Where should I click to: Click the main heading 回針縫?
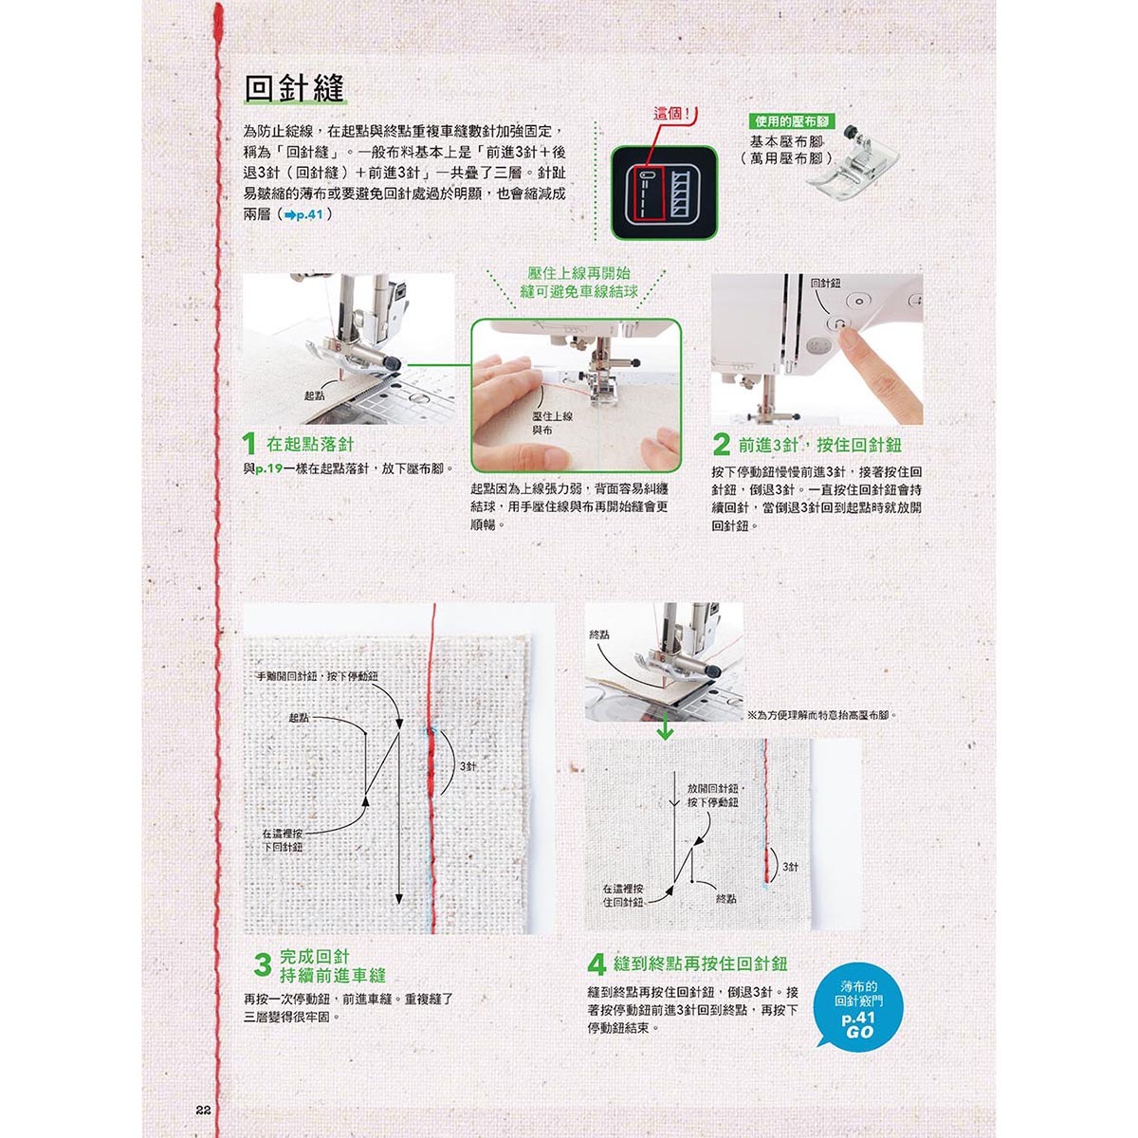(x=294, y=90)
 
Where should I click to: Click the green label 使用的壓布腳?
(x=792, y=121)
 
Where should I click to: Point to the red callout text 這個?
(x=671, y=114)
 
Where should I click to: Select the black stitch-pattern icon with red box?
(x=664, y=193)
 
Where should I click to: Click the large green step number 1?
(x=249, y=444)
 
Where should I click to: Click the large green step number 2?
(x=721, y=444)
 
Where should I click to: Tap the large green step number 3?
(x=263, y=965)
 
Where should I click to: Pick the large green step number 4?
(x=597, y=965)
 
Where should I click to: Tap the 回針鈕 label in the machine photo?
(x=826, y=284)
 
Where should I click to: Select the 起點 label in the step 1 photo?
(x=314, y=395)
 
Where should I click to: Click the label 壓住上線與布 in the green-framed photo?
(x=553, y=423)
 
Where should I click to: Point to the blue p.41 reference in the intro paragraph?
(x=303, y=215)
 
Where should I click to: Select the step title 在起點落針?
(x=310, y=444)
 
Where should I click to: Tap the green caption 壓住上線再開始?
(x=578, y=273)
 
